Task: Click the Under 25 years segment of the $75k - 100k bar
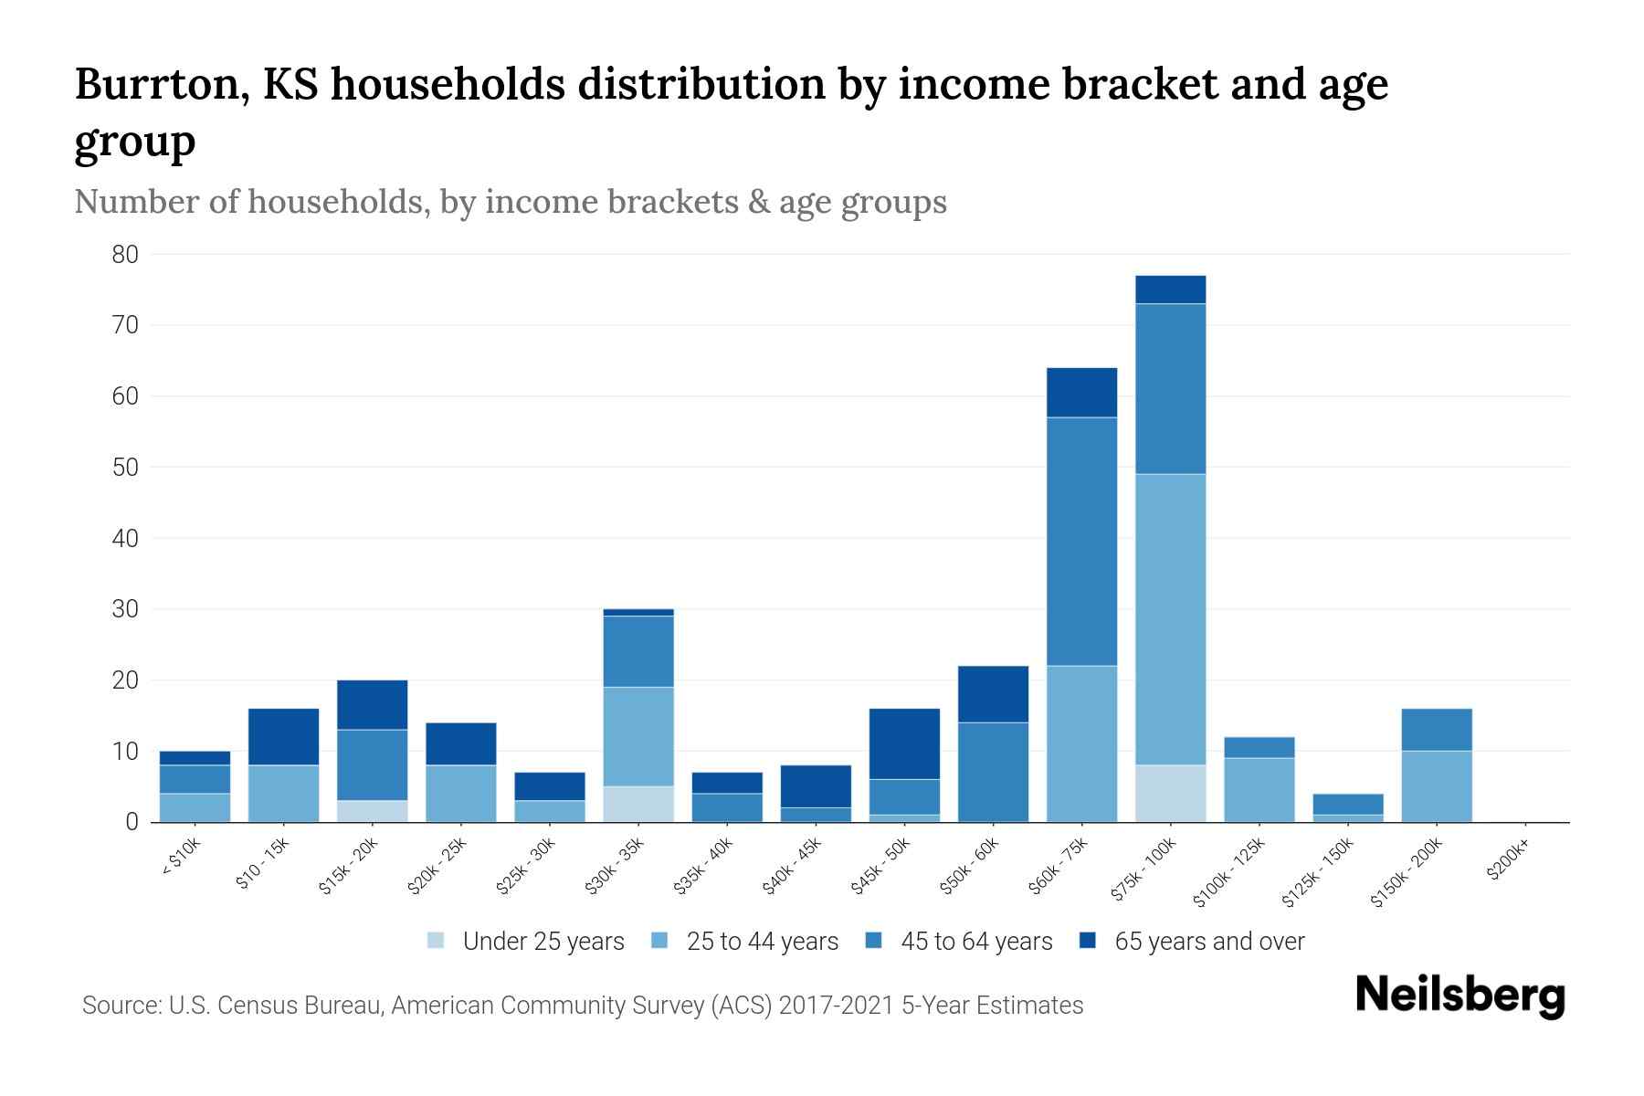tap(1170, 793)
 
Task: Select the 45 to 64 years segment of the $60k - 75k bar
tap(1081, 541)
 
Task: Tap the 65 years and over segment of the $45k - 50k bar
tap(904, 743)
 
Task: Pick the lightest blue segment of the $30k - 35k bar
tap(638, 804)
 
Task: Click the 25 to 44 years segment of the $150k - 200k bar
tap(1437, 785)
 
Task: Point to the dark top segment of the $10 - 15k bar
tap(283, 736)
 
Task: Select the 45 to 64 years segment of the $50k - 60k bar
tap(993, 772)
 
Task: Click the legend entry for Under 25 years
tap(543, 942)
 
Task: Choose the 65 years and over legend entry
tap(1208, 942)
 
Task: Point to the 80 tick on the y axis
tap(125, 255)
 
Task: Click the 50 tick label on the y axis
tap(125, 468)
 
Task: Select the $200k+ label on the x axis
tap(1508, 863)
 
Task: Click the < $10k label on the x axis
tap(180, 858)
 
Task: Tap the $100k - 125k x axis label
tap(1228, 872)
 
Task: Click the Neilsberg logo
tap(1460, 996)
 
